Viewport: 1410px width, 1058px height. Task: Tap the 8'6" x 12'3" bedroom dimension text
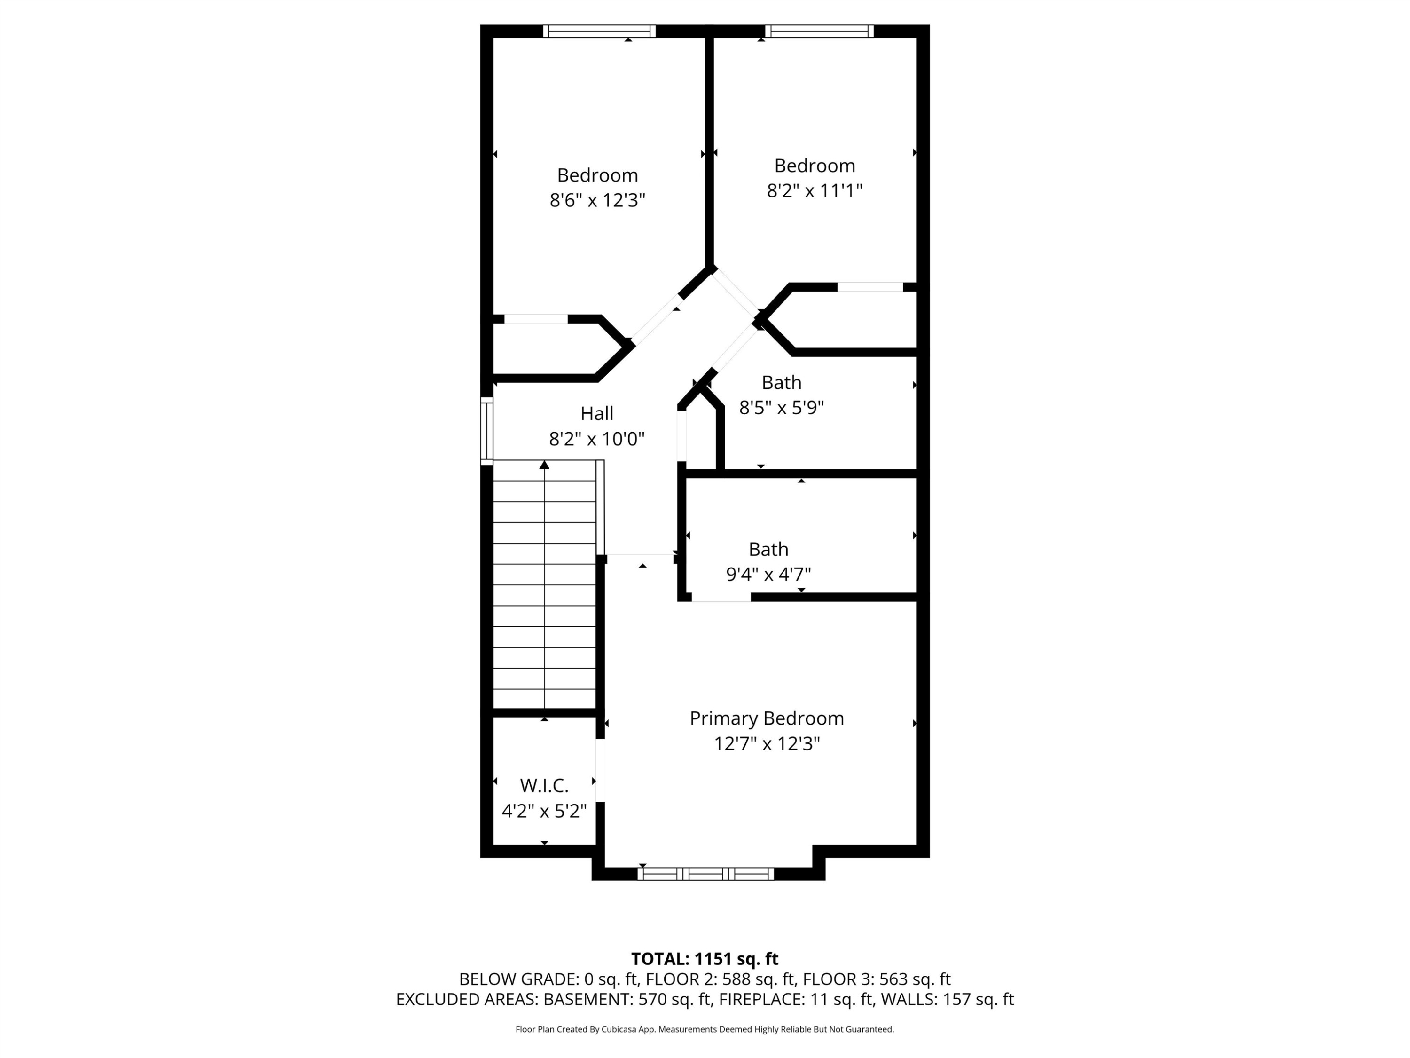[597, 200]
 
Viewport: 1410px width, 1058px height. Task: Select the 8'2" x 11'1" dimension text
[814, 191]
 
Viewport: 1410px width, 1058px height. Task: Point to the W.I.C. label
[544, 785]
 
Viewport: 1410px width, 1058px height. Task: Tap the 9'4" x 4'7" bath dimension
[768, 575]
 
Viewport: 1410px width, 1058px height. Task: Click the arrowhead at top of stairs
[544, 465]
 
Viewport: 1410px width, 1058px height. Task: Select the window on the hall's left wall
[486, 430]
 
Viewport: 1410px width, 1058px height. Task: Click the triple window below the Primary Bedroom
[705, 874]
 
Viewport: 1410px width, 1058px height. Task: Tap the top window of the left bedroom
[599, 31]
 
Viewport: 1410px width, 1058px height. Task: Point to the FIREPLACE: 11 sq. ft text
[796, 999]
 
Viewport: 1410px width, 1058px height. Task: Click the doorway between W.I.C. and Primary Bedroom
[600, 770]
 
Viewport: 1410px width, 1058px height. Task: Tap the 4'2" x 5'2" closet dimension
[544, 811]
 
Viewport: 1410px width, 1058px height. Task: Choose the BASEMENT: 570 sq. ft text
[627, 999]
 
